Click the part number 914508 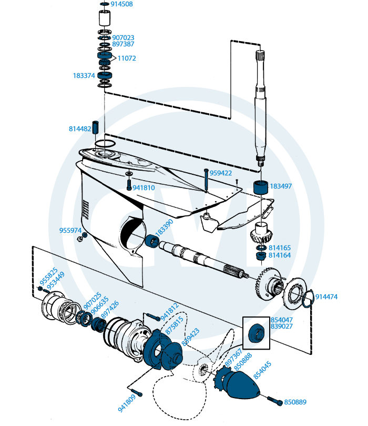pyautogui.click(x=122, y=4)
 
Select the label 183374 pyautogui.click(x=84, y=76)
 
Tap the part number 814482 pyautogui.click(x=79, y=128)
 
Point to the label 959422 pyautogui.click(x=221, y=172)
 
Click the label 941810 pyautogui.click(x=143, y=187)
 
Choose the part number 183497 pyautogui.click(x=281, y=186)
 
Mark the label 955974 pyautogui.click(x=70, y=231)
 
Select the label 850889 pyautogui.click(x=295, y=402)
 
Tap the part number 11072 pyautogui.click(x=127, y=58)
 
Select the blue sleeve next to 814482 pyautogui.click(x=96, y=127)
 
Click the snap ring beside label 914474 pyautogui.click(x=308, y=297)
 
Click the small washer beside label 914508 pyautogui.click(x=104, y=4)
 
